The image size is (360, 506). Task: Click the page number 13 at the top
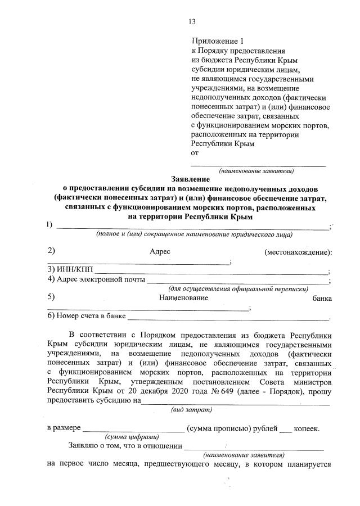click(x=192, y=22)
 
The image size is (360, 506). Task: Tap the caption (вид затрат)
click(x=190, y=410)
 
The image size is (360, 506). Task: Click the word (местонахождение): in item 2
click(x=298, y=252)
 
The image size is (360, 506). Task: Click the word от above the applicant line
click(x=195, y=153)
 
